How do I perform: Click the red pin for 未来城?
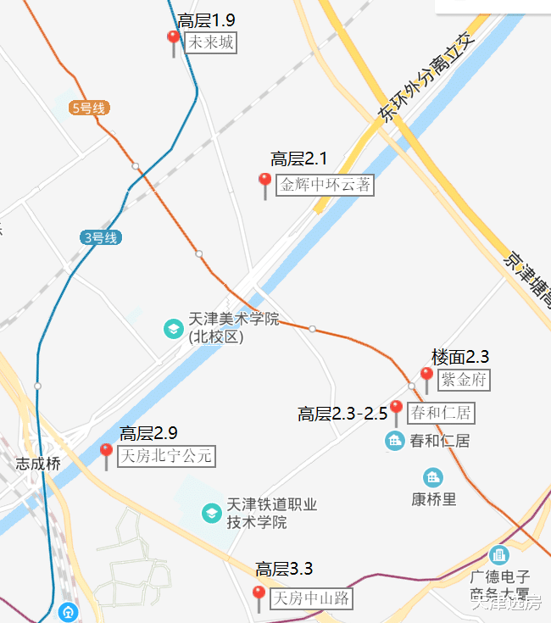tap(174, 39)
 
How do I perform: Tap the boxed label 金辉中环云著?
tap(326, 185)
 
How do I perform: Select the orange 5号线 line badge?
tap(89, 108)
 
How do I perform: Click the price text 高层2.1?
tap(298, 159)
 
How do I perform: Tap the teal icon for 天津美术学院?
tap(173, 328)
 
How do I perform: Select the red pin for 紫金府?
tap(426, 375)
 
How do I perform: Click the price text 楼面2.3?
tap(460, 357)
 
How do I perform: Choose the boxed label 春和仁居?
tap(440, 414)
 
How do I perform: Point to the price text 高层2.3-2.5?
tap(342, 414)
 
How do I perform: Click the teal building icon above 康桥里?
tap(434, 477)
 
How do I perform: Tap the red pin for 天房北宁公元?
tap(106, 452)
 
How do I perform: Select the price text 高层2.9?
tap(148, 434)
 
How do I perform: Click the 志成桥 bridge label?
tap(38, 464)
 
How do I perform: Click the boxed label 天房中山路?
tap(311, 598)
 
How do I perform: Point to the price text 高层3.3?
tap(284, 570)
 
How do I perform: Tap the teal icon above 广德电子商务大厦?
tap(498, 556)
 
